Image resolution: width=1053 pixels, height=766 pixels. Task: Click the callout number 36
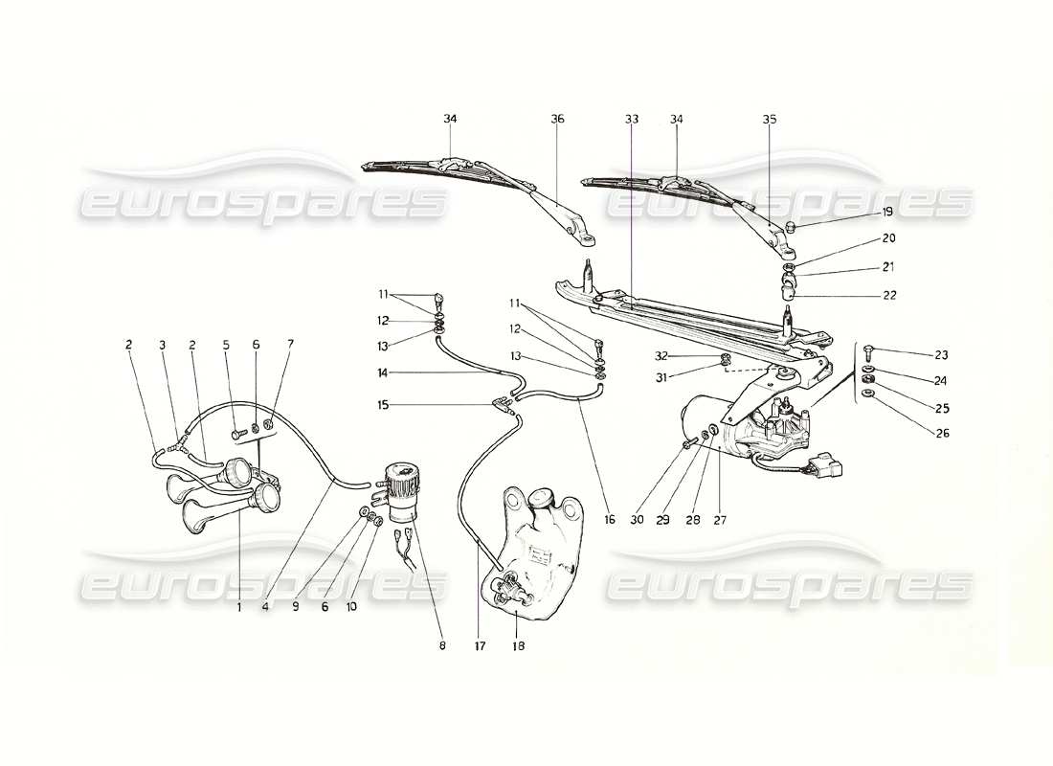pyautogui.click(x=557, y=120)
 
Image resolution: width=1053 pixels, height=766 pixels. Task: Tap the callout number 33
pyautogui.click(x=631, y=120)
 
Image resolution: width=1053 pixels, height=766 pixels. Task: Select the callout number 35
pyautogui.click(x=770, y=120)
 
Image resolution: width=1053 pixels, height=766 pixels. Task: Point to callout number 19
pyautogui.click(x=887, y=212)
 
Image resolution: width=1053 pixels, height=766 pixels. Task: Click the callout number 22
pyautogui.click(x=889, y=295)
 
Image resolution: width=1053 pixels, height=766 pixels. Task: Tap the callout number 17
pyautogui.click(x=480, y=646)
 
